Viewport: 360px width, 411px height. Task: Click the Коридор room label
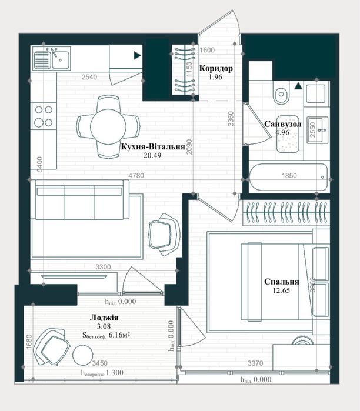pyautogui.click(x=216, y=68)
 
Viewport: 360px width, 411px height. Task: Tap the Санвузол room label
pyautogui.click(x=283, y=124)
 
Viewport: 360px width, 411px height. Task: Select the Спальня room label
pyautogui.click(x=282, y=282)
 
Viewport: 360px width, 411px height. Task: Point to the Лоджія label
pyautogui.click(x=104, y=318)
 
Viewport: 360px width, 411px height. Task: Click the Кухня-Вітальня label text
pyautogui.click(x=153, y=146)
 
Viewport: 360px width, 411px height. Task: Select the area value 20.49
pyautogui.click(x=152, y=155)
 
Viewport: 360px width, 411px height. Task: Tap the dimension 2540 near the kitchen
pyautogui.click(x=89, y=77)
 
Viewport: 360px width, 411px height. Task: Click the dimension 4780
pyautogui.click(x=136, y=175)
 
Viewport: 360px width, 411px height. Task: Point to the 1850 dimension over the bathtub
pyautogui.click(x=289, y=175)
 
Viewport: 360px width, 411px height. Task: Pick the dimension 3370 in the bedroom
pyautogui.click(x=255, y=363)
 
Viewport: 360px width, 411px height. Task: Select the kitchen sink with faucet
pyautogui.click(x=51, y=59)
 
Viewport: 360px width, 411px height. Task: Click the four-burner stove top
pyautogui.click(x=44, y=116)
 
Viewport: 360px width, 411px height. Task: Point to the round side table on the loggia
pyautogui.click(x=83, y=355)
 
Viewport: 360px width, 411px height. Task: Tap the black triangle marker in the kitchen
pyautogui.click(x=138, y=55)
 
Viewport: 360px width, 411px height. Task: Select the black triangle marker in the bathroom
pyautogui.click(x=298, y=86)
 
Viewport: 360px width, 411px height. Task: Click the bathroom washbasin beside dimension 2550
pyautogui.click(x=318, y=130)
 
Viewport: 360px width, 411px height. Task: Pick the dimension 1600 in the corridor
pyautogui.click(x=207, y=50)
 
